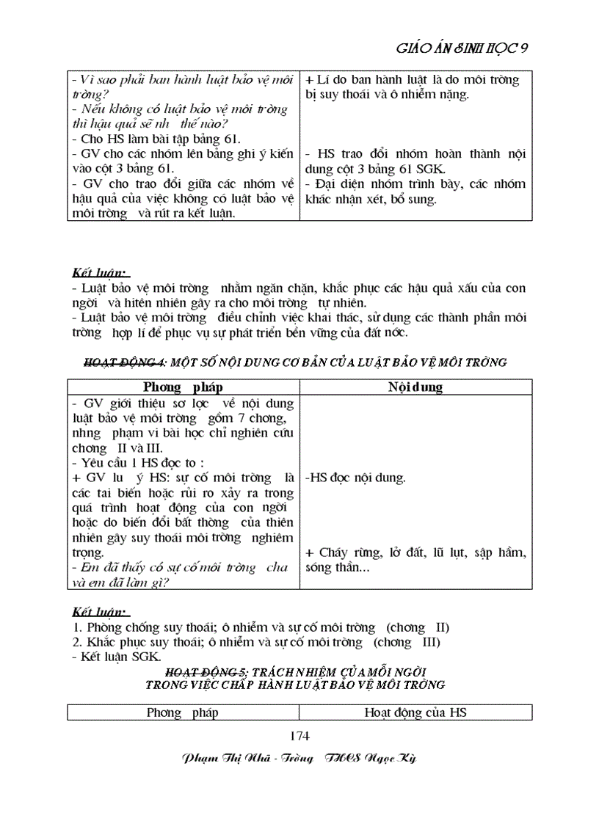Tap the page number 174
[300, 736]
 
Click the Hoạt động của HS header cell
[415, 712]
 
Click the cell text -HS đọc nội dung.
[355, 478]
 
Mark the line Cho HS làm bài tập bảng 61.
[157, 139]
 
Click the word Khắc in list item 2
[102, 642]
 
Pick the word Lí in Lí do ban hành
[323, 79]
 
